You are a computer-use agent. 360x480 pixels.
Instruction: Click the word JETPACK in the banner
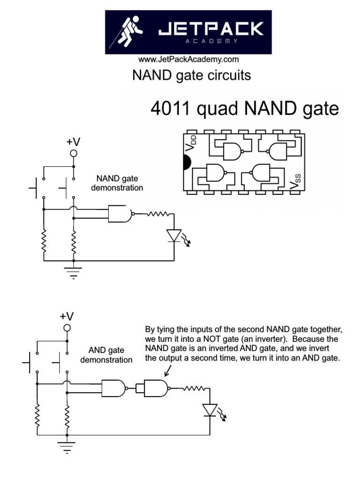[210, 30]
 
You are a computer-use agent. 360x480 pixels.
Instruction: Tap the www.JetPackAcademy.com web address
[188, 60]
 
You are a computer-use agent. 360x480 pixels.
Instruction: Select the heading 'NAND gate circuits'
[191, 75]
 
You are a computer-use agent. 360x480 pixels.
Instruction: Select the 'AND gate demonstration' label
[106, 355]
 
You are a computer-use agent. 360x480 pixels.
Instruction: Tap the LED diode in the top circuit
[174, 235]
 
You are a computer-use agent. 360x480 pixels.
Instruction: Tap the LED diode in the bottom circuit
[210, 410]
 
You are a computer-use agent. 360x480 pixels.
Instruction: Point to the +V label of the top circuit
[74, 142]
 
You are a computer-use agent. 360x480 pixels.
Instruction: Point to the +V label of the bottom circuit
[67, 316]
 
